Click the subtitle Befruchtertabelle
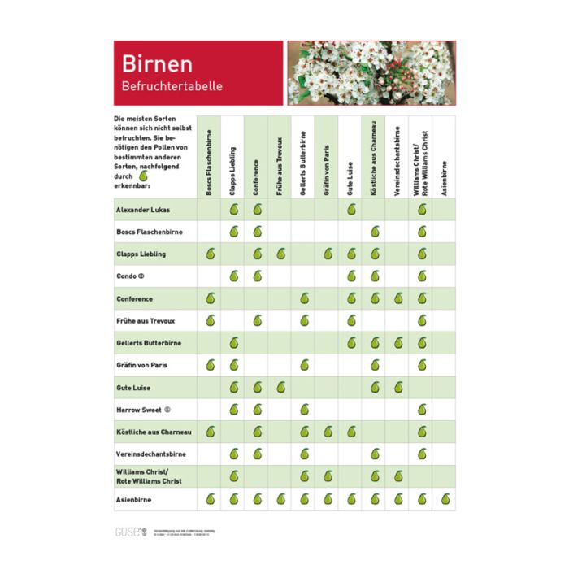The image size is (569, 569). (x=172, y=85)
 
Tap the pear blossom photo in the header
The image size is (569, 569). (x=370, y=73)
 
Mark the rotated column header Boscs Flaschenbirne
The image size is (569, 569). (x=209, y=159)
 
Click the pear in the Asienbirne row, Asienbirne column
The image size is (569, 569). (x=445, y=499)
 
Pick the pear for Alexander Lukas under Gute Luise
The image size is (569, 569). (x=351, y=210)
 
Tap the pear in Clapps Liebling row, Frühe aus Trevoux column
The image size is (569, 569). (x=280, y=254)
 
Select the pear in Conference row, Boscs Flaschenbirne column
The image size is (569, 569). (x=210, y=298)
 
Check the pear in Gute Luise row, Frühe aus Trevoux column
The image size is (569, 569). (x=280, y=388)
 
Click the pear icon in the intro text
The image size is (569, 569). (x=144, y=176)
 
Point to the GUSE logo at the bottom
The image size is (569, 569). (x=128, y=533)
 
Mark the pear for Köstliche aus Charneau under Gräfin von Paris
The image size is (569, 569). (x=328, y=432)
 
